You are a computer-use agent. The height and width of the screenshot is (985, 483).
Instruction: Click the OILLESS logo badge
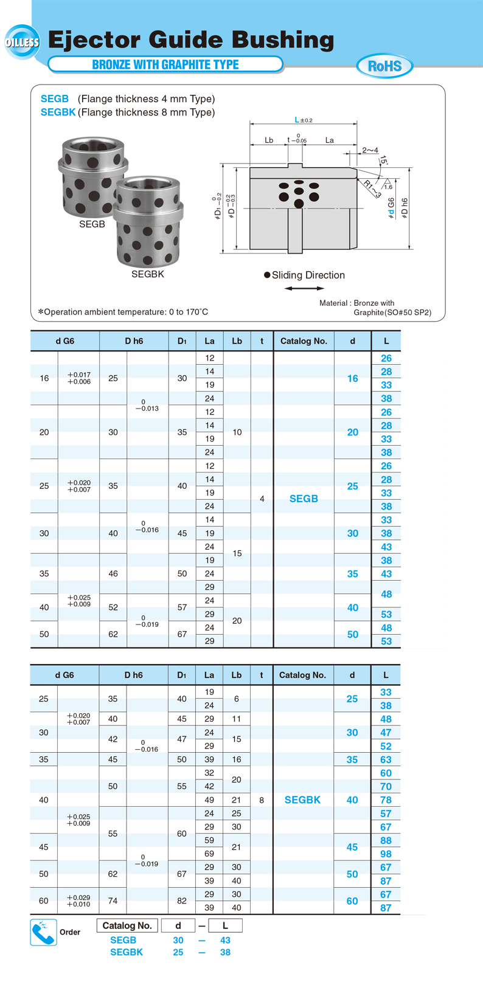pyautogui.click(x=22, y=42)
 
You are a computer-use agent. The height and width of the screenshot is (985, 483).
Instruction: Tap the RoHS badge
pyautogui.click(x=384, y=66)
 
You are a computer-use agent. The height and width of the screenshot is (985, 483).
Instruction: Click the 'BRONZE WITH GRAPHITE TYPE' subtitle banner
pyautogui.click(x=165, y=64)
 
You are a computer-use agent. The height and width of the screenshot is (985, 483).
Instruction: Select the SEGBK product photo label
pyautogui.click(x=148, y=274)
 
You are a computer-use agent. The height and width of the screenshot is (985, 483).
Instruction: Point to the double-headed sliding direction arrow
pyautogui.click(x=304, y=288)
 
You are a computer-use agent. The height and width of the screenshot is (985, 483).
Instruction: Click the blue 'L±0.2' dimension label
pyautogui.click(x=303, y=120)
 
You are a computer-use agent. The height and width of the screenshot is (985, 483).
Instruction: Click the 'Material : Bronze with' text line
pyautogui.click(x=356, y=303)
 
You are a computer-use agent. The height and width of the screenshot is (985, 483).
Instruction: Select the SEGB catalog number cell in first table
pyautogui.click(x=304, y=499)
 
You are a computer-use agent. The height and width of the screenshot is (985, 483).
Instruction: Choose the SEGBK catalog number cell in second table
pyautogui.click(x=302, y=800)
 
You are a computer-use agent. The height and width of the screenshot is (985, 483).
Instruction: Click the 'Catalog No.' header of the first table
pyautogui.click(x=304, y=341)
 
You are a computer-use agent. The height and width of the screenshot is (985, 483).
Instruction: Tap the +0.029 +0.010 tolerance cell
pyautogui.click(x=78, y=900)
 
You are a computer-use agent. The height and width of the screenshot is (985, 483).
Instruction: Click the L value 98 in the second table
pyautogui.click(x=386, y=854)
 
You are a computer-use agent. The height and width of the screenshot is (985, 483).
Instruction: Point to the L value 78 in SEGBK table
pyautogui.click(x=386, y=800)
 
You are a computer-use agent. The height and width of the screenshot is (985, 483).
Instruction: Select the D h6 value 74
pyautogui.click(x=113, y=900)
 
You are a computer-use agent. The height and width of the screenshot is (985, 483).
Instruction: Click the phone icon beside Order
pyautogui.click(x=43, y=932)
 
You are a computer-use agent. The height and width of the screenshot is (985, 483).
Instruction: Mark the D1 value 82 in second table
pyautogui.click(x=182, y=900)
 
